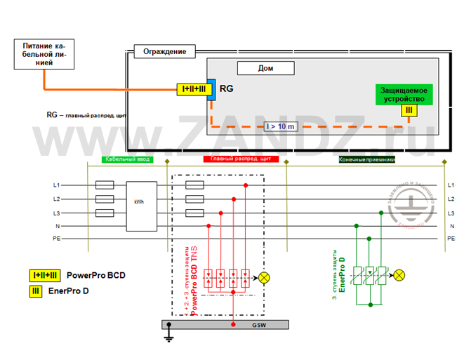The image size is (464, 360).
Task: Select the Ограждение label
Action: (165, 52)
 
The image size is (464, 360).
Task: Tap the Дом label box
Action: (266, 68)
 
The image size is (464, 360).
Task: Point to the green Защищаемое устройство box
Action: (404, 94)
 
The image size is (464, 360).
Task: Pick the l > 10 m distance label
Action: (281, 126)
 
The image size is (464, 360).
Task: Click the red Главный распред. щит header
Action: (241, 160)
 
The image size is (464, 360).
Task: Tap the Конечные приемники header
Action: (367, 160)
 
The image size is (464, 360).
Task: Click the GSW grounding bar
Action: (224, 325)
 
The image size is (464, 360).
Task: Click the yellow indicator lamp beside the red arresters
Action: (265, 277)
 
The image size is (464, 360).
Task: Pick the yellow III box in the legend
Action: (34, 291)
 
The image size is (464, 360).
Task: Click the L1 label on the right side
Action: (451, 185)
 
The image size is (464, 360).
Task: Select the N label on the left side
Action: (57, 226)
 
